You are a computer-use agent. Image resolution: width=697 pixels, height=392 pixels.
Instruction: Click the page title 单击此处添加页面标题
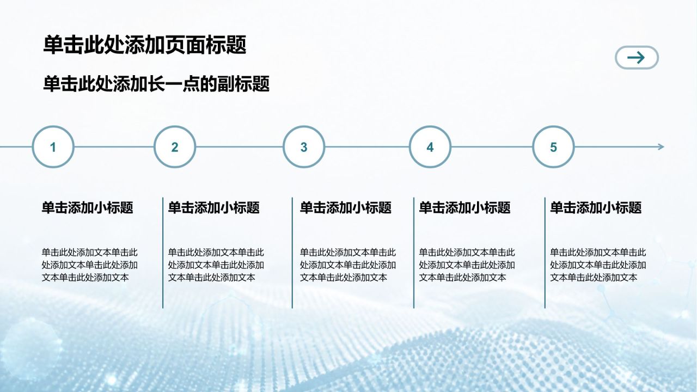(145, 45)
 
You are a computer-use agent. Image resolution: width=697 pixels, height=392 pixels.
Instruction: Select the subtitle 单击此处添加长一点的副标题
(156, 84)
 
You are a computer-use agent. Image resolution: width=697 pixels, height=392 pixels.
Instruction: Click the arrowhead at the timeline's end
(661, 147)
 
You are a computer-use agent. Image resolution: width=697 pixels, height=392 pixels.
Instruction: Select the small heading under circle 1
(88, 207)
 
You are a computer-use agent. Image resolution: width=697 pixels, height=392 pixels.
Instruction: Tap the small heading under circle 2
(214, 207)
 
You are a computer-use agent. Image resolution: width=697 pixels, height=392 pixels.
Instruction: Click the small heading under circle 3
(346, 207)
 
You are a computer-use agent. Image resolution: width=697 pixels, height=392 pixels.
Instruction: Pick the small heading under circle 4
(464, 207)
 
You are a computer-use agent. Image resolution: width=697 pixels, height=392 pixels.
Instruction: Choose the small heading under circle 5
(596, 207)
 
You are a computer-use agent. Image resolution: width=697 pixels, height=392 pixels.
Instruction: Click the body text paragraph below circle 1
(90, 265)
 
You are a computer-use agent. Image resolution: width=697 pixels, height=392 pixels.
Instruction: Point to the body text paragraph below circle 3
(348, 265)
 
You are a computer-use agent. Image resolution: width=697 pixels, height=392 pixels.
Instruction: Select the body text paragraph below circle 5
(598, 265)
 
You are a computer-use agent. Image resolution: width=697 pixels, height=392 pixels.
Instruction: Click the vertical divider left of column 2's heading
(163, 253)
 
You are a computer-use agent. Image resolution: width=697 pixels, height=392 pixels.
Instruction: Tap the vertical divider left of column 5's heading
(545, 253)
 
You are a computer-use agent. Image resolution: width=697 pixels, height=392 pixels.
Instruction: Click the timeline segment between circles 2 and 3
(240, 147)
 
